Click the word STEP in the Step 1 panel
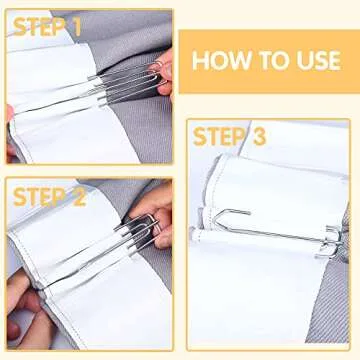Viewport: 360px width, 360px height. (x=34, y=27)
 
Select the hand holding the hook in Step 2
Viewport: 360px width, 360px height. (x=155, y=215)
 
